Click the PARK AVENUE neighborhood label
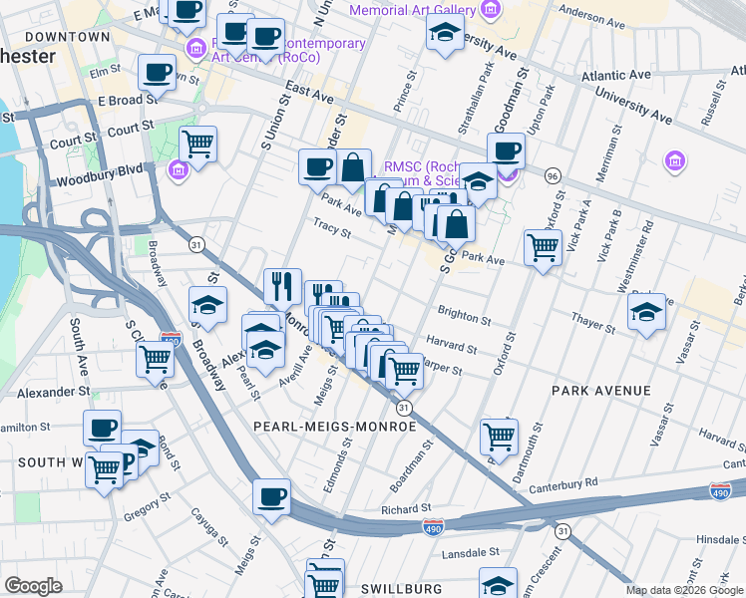click(x=602, y=391)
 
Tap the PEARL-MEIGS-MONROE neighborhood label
click(x=334, y=426)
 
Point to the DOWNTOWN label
click(x=67, y=37)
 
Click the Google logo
click(x=33, y=586)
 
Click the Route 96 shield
click(x=552, y=175)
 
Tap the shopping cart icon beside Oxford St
click(x=543, y=245)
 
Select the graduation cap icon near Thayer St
click(x=646, y=313)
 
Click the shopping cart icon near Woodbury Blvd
click(x=198, y=145)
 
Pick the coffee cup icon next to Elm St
click(x=158, y=72)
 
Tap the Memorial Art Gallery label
click(x=412, y=10)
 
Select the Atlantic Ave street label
click(x=617, y=76)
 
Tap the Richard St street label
click(x=405, y=508)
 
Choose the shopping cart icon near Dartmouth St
click(x=499, y=435)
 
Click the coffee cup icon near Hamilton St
click(x=102, y=428)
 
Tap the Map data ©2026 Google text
click(x=683, y=590)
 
